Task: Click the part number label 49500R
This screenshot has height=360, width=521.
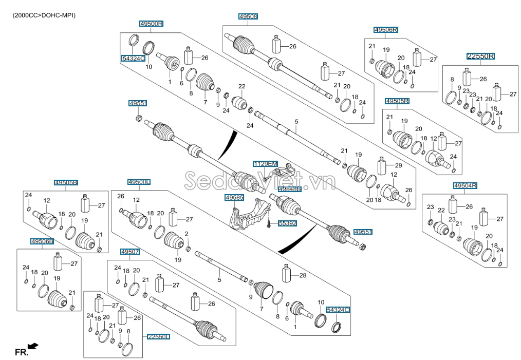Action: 152,24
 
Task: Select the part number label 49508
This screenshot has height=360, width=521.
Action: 248,17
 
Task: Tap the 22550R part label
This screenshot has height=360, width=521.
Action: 480,56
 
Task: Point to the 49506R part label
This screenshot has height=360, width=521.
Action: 386,30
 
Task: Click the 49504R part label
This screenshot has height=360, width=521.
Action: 465,185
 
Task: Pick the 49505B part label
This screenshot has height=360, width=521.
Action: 66,182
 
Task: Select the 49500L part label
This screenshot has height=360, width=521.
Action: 139,182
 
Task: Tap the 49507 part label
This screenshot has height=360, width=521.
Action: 131,252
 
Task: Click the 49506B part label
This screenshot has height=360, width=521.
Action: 42,241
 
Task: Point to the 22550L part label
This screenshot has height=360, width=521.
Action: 158,337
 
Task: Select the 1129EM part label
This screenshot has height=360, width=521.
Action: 265,164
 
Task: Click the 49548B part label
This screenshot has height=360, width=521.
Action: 289,190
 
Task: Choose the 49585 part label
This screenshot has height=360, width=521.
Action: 234,197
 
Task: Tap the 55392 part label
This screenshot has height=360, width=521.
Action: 288,223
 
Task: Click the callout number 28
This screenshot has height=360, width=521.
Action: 303,276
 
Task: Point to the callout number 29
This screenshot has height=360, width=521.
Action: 398,165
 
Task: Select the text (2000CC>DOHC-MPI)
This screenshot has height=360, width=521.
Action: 44,15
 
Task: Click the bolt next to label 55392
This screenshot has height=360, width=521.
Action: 269,223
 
